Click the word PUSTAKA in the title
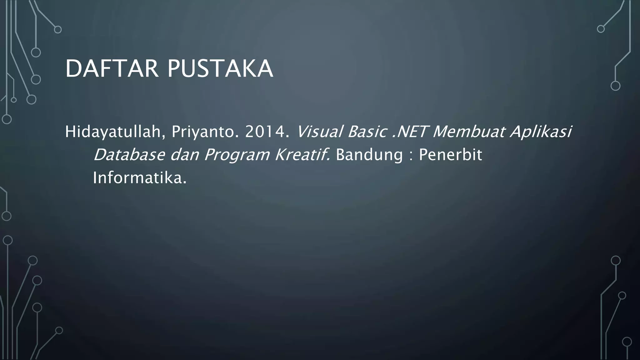pos(220,69)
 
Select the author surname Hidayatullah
pos(112,132)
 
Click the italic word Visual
pos(319,132)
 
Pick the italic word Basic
pos(366,132)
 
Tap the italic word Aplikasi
pos(541,132)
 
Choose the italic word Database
pos(129,155)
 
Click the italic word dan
pos(185,155)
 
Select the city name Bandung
pos(369,155)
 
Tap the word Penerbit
pos(450,155)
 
